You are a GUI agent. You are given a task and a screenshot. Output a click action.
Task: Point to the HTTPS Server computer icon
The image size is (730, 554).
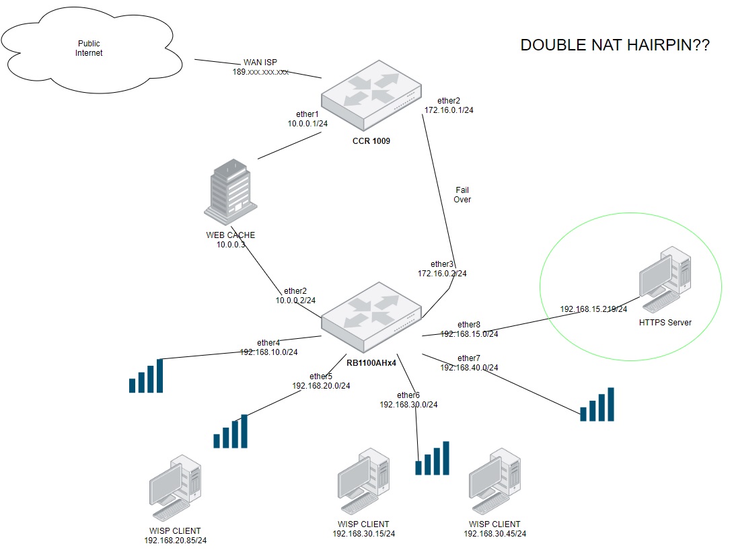(664, 281)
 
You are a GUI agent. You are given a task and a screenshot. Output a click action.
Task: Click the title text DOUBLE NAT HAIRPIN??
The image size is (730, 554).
(614, 46)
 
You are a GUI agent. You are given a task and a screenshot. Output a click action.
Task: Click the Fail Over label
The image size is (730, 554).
(463, 195)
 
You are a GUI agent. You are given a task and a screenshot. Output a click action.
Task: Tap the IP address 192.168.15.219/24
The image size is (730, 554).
(593, 309)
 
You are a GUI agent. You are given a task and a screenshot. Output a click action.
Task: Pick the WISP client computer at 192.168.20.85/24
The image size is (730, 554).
(174, 488)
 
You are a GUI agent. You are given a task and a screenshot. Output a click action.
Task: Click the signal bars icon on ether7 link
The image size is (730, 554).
(597, 404)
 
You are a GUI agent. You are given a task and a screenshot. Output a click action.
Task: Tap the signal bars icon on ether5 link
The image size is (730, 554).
(230, 431)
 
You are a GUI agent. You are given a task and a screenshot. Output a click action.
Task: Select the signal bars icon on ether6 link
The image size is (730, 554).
(432, 459)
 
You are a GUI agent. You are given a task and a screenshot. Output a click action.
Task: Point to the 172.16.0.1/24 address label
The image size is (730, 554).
(449, 110)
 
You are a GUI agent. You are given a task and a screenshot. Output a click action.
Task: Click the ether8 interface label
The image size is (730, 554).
(469, 325)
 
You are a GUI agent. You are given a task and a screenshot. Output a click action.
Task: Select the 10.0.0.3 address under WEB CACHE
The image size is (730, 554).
(231, 245)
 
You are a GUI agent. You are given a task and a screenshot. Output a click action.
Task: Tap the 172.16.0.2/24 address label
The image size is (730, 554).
(442, 274)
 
